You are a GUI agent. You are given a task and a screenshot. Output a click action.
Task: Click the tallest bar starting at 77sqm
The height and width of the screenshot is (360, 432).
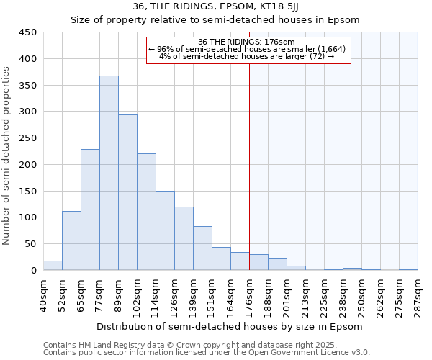(109, 173)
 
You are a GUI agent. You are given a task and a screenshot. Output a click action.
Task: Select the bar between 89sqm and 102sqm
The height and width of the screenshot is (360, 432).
(127, 192)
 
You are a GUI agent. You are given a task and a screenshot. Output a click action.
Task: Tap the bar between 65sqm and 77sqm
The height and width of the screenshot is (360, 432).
(90, 210)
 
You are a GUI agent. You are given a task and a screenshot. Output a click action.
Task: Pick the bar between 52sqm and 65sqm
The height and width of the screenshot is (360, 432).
(71, 240)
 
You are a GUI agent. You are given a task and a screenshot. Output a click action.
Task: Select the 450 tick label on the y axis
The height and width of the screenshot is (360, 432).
(28, 32)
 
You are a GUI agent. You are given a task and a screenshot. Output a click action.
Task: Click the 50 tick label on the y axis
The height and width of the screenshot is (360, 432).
(31, 244)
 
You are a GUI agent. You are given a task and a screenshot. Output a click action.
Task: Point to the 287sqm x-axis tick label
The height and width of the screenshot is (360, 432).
(418, 295)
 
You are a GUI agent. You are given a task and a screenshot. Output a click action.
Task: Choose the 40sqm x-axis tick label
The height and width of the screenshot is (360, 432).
(43, 295)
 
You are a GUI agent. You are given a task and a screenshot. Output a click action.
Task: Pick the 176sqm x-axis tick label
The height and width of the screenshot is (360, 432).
(249, 295)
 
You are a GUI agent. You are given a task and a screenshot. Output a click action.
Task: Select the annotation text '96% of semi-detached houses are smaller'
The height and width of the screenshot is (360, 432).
(248, 49)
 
